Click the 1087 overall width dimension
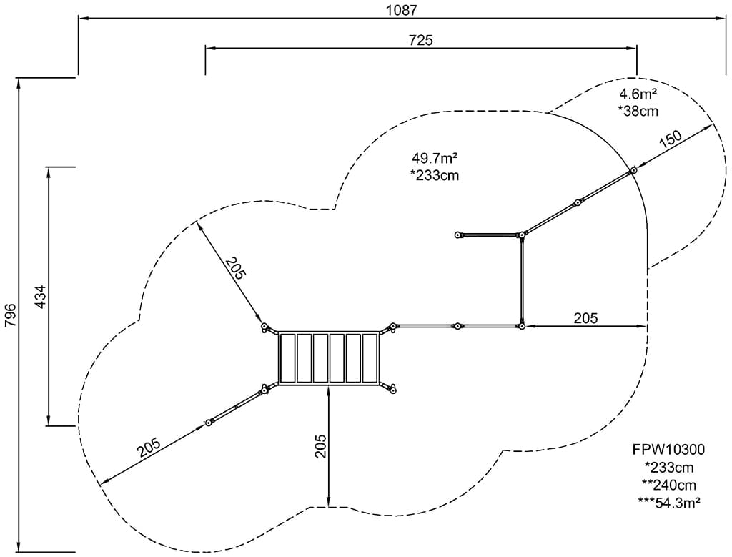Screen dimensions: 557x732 tap(400, 10)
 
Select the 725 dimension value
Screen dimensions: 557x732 tap(420, 40)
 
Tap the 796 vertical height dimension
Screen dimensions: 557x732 tap(10, 315)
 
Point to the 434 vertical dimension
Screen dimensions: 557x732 tap(40, 297)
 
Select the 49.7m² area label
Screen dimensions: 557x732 tap(435, 159)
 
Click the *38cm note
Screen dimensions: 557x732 tap(638, 111)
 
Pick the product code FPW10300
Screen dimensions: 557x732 tap(668, 450)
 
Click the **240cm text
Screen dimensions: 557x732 tap(668, 484)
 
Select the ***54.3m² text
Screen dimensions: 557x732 tap(668, 501)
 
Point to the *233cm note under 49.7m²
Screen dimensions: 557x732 tap(435, 175)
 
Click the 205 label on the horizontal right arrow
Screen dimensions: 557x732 tap(585, 317)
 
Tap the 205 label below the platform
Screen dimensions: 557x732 tap(320, 446)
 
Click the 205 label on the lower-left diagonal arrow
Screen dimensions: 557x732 tap(149, 448)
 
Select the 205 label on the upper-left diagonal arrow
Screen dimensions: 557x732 tap(235, 267)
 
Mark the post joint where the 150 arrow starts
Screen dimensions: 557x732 tap(633, 171)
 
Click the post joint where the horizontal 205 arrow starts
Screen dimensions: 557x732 tap(522, 326)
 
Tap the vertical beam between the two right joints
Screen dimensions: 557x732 tap(523, 280)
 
